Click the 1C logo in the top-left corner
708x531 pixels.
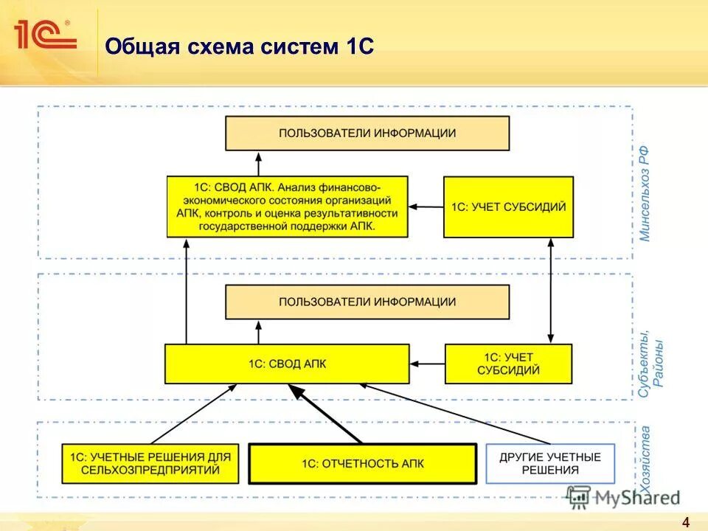click(x=44, y=35)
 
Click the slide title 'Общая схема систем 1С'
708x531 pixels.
click(x=240, y=47)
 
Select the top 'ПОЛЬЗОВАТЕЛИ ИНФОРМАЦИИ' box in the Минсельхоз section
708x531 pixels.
click(x=367, y=133)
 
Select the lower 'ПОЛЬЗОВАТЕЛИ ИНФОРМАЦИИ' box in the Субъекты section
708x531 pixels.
click(x=367, y=302)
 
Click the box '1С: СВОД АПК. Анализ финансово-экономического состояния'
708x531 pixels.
click(x=287, y=206)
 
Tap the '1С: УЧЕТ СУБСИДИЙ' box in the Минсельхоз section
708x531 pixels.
click(x=508, y=207)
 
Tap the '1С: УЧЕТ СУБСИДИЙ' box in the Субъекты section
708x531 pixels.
click(x=508, y=364)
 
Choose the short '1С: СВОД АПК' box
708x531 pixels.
click(x=287, y=364)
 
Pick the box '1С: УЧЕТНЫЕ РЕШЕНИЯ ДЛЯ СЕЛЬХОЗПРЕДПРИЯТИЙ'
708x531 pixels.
click(x=150, y=463)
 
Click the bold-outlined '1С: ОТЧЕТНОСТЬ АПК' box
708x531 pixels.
click(x=362, y=463)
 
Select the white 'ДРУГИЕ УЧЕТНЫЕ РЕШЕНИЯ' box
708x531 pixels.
click(x=550, y=463)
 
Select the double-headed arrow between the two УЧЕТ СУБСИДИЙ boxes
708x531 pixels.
click(x=551, y=291)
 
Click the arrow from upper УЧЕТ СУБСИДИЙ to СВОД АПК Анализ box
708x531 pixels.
click(x=426, y=207)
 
